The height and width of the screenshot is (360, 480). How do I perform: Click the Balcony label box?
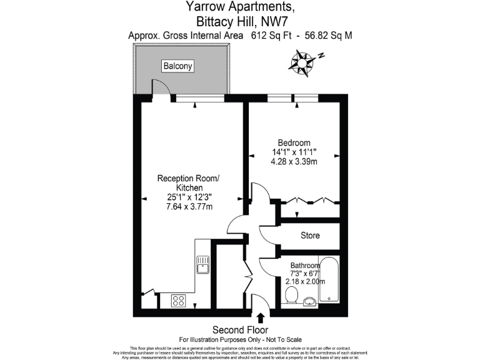[178, 66]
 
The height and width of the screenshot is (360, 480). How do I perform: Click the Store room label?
[310, 236]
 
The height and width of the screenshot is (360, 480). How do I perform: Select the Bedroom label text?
[294, 142]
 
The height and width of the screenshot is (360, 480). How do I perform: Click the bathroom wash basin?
[309, 302]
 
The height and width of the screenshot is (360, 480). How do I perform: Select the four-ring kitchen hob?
[179, 301]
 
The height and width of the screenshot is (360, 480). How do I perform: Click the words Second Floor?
[240, 329]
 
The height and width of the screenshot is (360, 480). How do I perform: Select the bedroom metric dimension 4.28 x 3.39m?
[294, 162]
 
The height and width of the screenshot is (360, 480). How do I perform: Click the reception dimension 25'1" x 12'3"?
[188, 197]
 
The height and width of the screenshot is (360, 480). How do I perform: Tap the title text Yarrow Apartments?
[240, 7]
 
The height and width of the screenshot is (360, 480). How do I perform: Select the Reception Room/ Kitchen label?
[188, 183]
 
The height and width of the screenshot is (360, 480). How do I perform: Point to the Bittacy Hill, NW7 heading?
[240, 21]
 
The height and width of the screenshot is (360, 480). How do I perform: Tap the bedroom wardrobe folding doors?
[309, 201]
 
